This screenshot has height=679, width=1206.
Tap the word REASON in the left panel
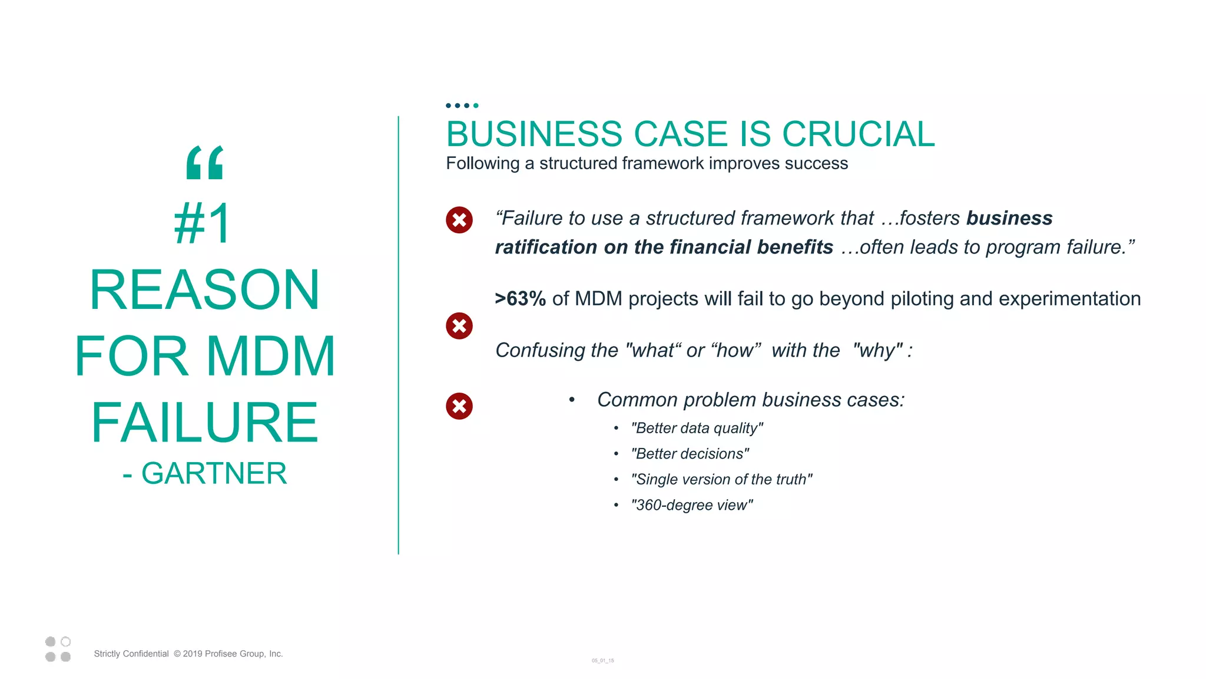204,290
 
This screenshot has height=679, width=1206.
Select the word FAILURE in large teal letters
204,422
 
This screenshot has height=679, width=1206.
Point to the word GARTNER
214,473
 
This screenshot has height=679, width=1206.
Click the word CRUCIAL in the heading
858,134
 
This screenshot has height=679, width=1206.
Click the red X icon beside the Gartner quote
459,220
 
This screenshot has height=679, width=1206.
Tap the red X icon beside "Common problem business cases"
459,406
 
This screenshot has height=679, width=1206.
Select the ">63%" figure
520,299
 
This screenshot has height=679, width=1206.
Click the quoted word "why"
878,350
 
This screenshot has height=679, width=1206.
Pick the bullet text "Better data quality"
697,428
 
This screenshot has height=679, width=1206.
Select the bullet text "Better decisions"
690,454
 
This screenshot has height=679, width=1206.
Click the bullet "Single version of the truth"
721,479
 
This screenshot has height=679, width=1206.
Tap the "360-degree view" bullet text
691,505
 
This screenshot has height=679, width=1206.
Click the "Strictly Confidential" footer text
131,654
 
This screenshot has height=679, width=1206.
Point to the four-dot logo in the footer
58,649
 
